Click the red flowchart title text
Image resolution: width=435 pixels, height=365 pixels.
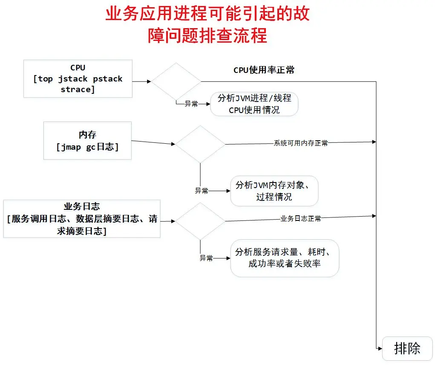click(207, 25)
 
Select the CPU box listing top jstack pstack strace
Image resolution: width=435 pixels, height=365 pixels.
click(78, 79)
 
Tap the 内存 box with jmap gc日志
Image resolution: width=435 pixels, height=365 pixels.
click(87, 141)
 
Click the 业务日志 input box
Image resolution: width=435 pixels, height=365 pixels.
click(82, 218)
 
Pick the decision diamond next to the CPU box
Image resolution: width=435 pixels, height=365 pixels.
click(176, 81)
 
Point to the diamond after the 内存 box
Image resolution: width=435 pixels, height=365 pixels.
click(200, 144)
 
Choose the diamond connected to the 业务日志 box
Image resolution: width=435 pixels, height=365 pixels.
click(200, 221)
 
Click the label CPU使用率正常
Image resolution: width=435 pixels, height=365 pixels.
click(264, 70)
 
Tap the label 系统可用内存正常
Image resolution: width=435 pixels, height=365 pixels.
click(300, 143)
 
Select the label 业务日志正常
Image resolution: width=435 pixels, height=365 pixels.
click(300, 219)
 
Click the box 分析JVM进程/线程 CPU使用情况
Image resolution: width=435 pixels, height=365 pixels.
click(254, 104)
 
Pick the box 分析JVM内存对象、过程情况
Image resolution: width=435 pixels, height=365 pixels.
click(274, 191)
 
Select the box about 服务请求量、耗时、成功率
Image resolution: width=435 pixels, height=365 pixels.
click(285, 258)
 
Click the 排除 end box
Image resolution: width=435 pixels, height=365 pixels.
click(407, 348)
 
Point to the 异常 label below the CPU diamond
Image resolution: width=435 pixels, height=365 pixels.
click(191, 104)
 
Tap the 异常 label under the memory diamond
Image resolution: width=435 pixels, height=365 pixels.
click(202, 191)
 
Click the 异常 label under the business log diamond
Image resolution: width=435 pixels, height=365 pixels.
click(206, 258)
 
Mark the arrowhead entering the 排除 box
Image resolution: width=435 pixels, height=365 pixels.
click(380, 348)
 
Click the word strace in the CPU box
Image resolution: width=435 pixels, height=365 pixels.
click(76, 89)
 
